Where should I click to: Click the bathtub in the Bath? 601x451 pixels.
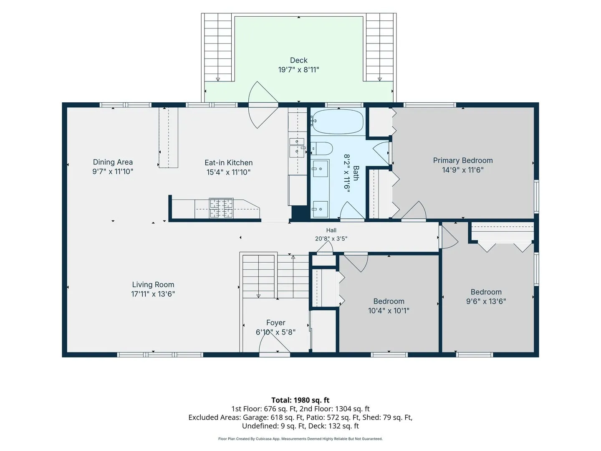338,122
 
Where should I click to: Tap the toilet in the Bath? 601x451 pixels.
322,149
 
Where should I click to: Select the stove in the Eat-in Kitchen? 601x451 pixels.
221,208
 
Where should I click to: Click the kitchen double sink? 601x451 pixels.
297,148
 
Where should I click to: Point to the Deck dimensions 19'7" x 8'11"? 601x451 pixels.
299,70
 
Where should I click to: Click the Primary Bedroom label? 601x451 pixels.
463,160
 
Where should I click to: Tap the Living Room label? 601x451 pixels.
153,284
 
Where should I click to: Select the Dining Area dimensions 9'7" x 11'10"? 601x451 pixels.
113,171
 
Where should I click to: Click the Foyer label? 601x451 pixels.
276,322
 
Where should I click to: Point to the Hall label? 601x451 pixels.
331,230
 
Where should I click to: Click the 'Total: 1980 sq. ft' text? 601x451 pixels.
300,400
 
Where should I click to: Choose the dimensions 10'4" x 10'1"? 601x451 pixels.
389,311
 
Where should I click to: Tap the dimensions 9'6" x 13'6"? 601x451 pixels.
486,301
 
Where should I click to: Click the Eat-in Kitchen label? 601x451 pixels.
229,163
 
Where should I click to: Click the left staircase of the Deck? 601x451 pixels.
218,47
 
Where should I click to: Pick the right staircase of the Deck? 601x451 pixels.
380,47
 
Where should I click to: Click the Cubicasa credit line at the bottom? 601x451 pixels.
300,438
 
